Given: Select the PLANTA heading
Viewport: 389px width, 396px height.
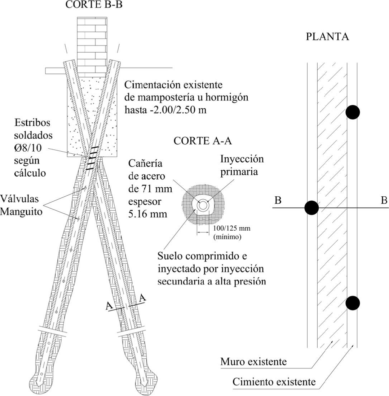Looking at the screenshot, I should (x=327, y=37).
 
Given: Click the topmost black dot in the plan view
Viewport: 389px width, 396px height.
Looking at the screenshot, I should (x=353, y=112).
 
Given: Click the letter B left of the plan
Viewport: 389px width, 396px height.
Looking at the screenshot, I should (x=278, y=201).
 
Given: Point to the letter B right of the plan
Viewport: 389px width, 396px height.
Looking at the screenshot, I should (x=384, y=201).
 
